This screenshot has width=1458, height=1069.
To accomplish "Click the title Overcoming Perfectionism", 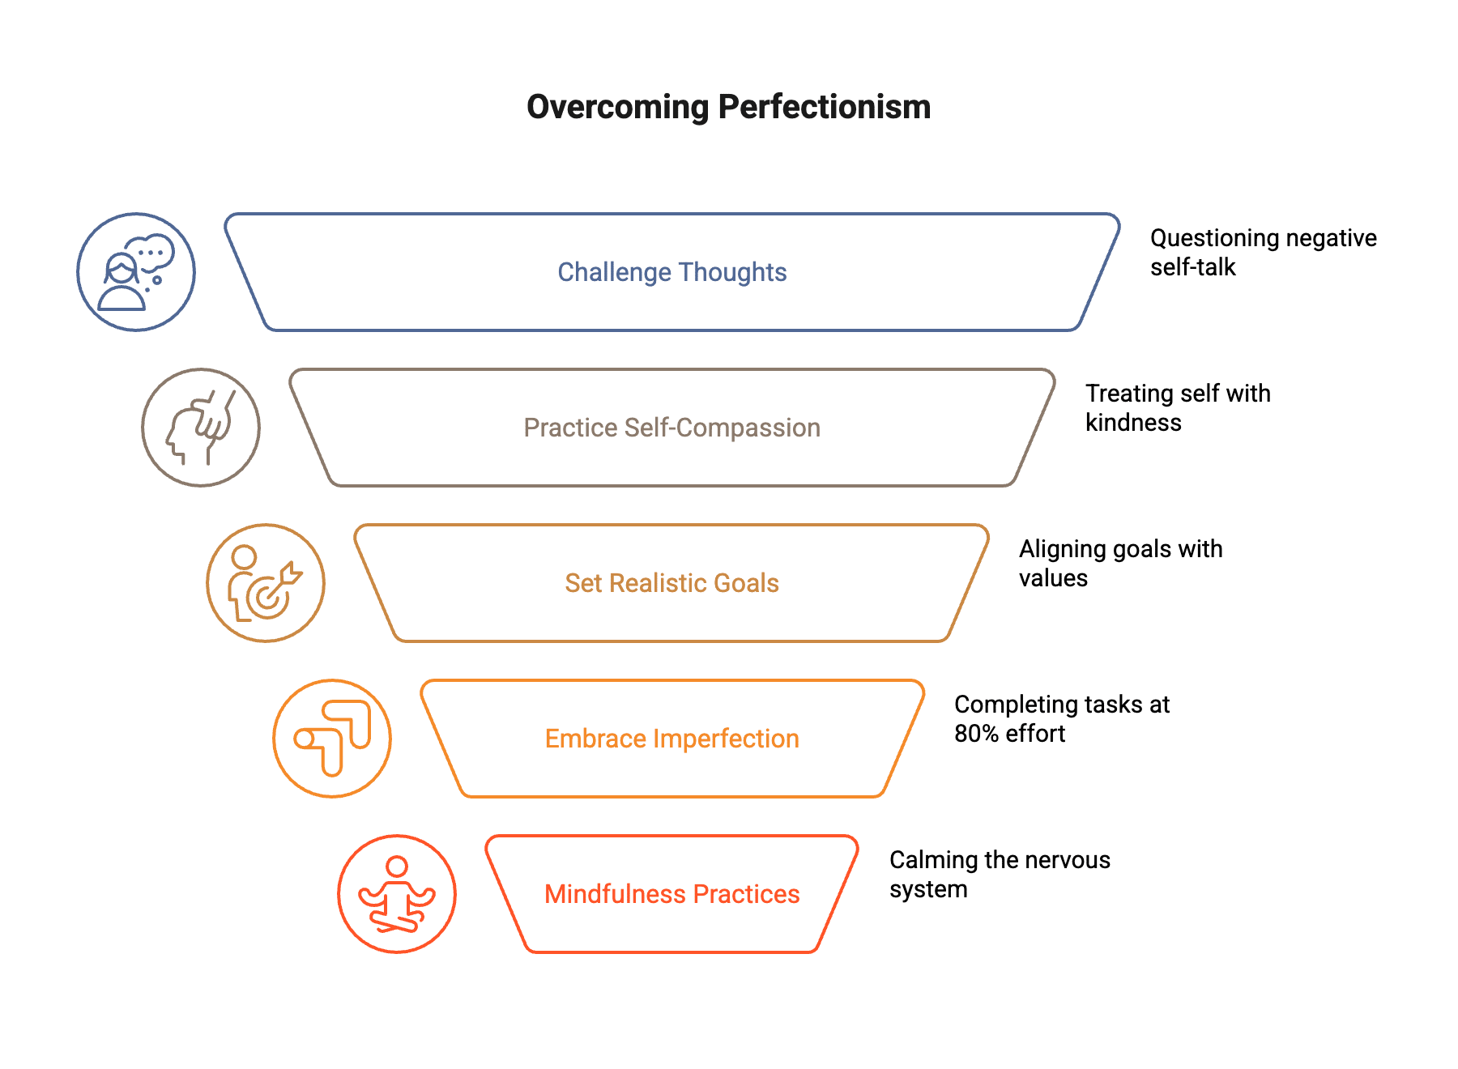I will click(x=728, y=107).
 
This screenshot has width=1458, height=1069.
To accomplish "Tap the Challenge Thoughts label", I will click(x=672, y=272).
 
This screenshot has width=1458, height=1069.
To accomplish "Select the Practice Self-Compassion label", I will click(x=672, y=428).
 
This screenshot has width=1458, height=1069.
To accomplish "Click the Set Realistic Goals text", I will click(x=672, y=583).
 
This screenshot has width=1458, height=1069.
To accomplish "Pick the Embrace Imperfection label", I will click(x=672, y=739).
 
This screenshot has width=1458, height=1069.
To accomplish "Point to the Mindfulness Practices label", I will click(x=672, y=894).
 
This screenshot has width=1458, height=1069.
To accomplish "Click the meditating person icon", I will click(x=397, y=894).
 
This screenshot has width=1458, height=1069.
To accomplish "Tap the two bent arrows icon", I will click(x=332, y=739).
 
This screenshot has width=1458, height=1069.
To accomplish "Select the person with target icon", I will click(x=266, y=583).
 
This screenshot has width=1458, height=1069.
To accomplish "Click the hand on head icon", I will click(x=201, y=428).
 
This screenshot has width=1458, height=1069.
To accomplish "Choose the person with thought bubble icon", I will click(x=136, y=272).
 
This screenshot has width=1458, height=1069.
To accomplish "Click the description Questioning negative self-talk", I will click(x=1263, y=253).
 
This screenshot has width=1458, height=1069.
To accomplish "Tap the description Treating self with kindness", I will click(x=1177, y=408).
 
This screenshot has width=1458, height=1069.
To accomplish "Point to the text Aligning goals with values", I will click(x=1120, y=564).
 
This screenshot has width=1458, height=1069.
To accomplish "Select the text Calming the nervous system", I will click(x=1000, y=875).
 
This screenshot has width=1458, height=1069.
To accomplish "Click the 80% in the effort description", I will click(x=976, y=734).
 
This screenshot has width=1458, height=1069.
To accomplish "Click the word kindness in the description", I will click(x=1133, y=423).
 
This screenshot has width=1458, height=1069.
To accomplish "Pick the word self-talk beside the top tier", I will click(x=1193, y=267).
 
